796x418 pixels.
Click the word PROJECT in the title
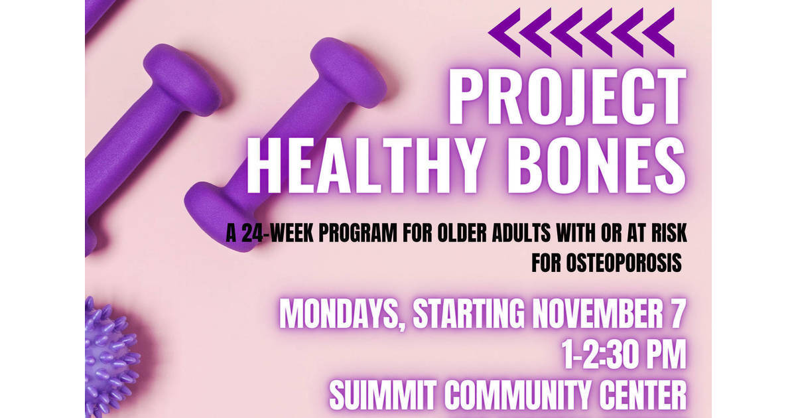point(568,99)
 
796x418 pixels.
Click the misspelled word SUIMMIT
point(385,396)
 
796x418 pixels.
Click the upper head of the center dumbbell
point(348,73)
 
